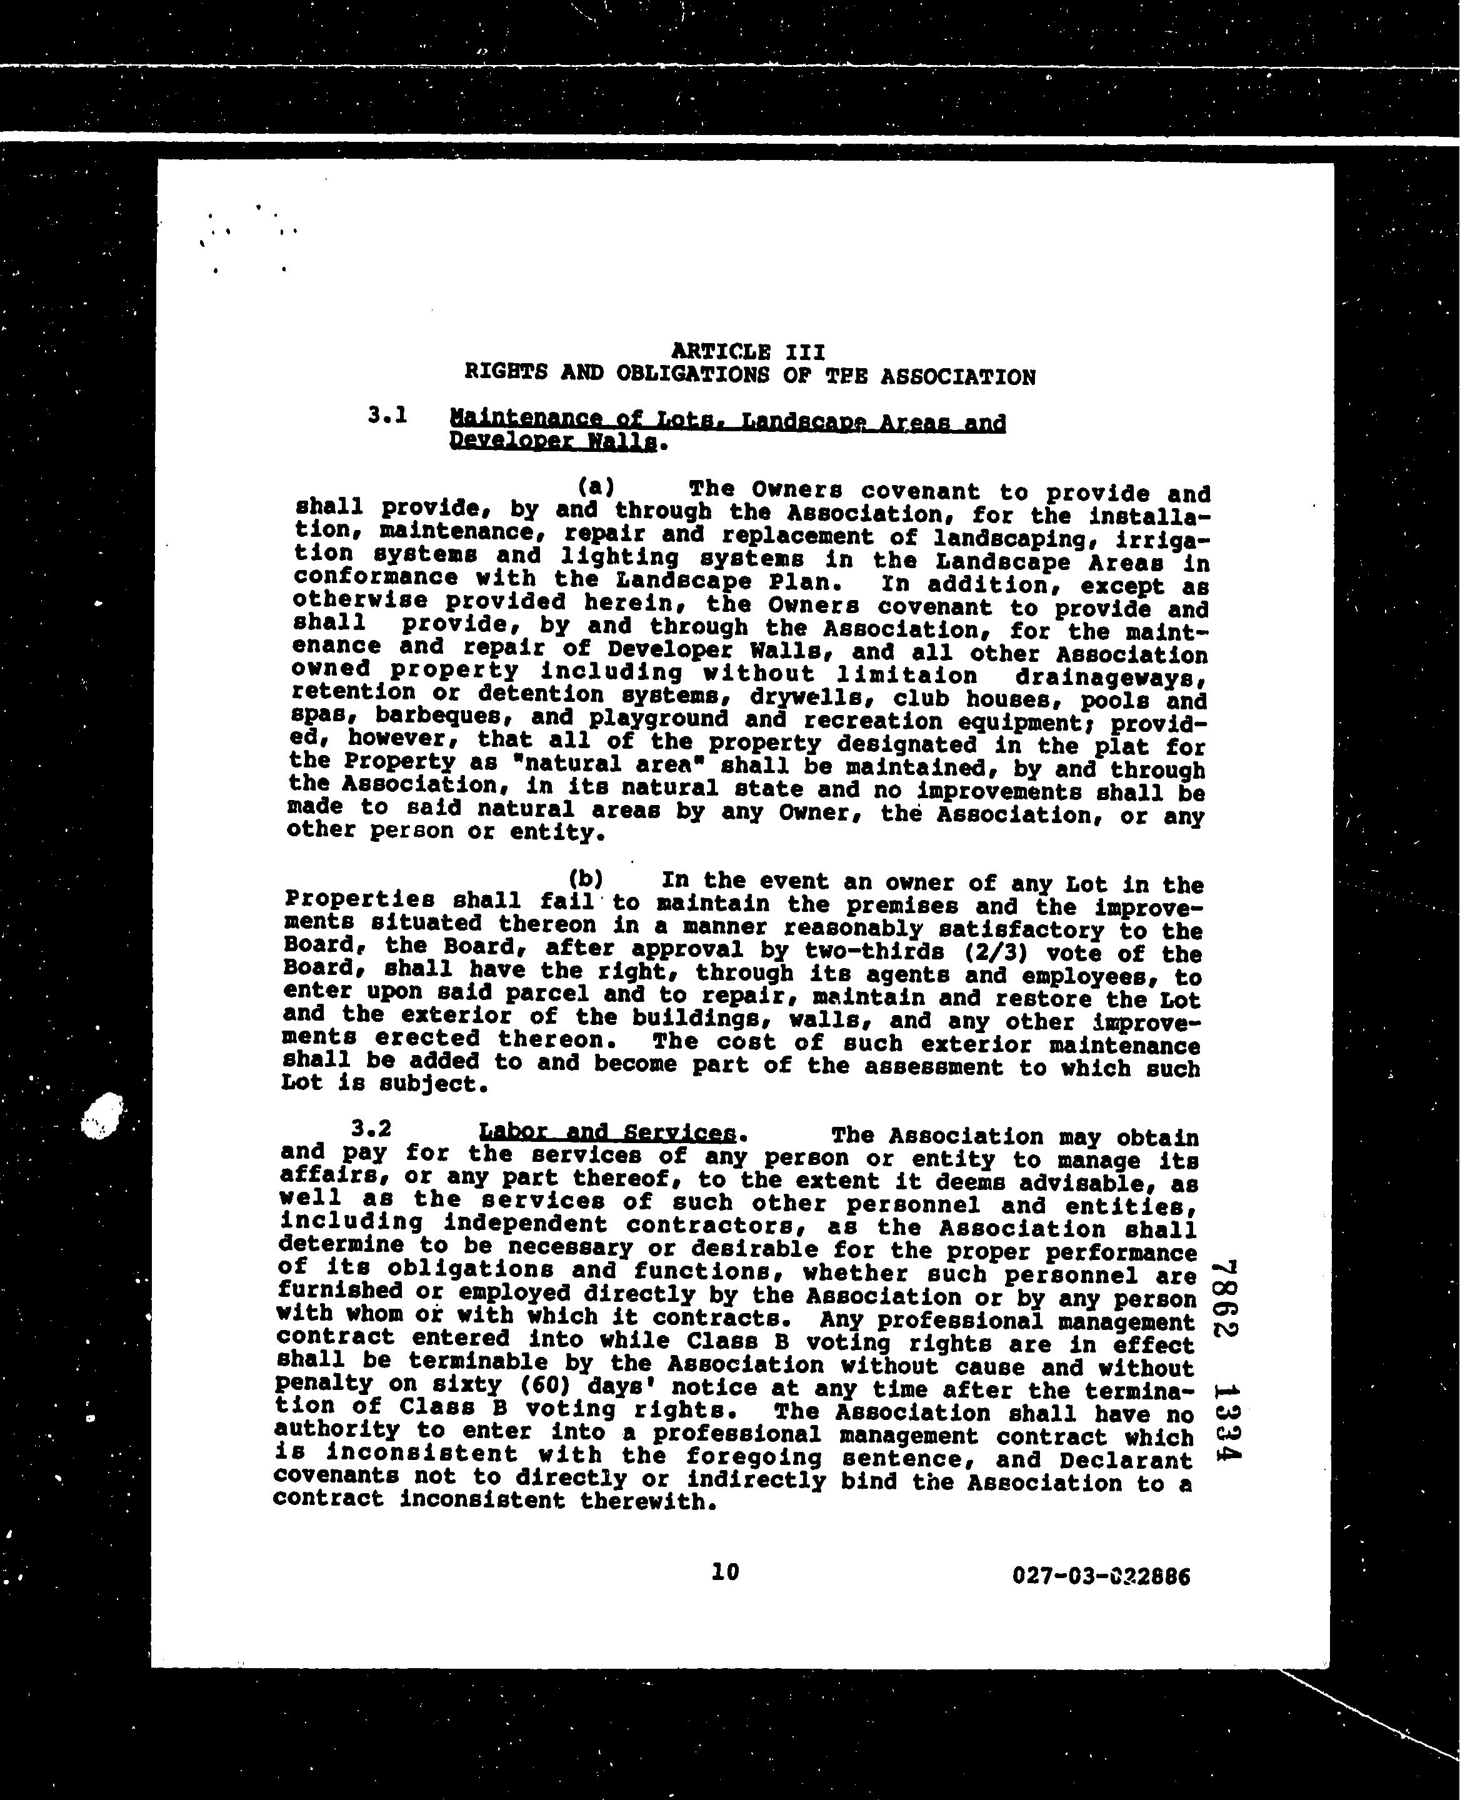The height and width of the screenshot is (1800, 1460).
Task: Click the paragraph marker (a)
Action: click(596, 486)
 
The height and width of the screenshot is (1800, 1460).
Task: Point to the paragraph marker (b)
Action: click(586, 878)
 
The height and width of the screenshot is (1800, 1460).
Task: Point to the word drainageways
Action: click(1112, 676)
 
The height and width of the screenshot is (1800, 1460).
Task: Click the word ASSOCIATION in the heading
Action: click(958, 377)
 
